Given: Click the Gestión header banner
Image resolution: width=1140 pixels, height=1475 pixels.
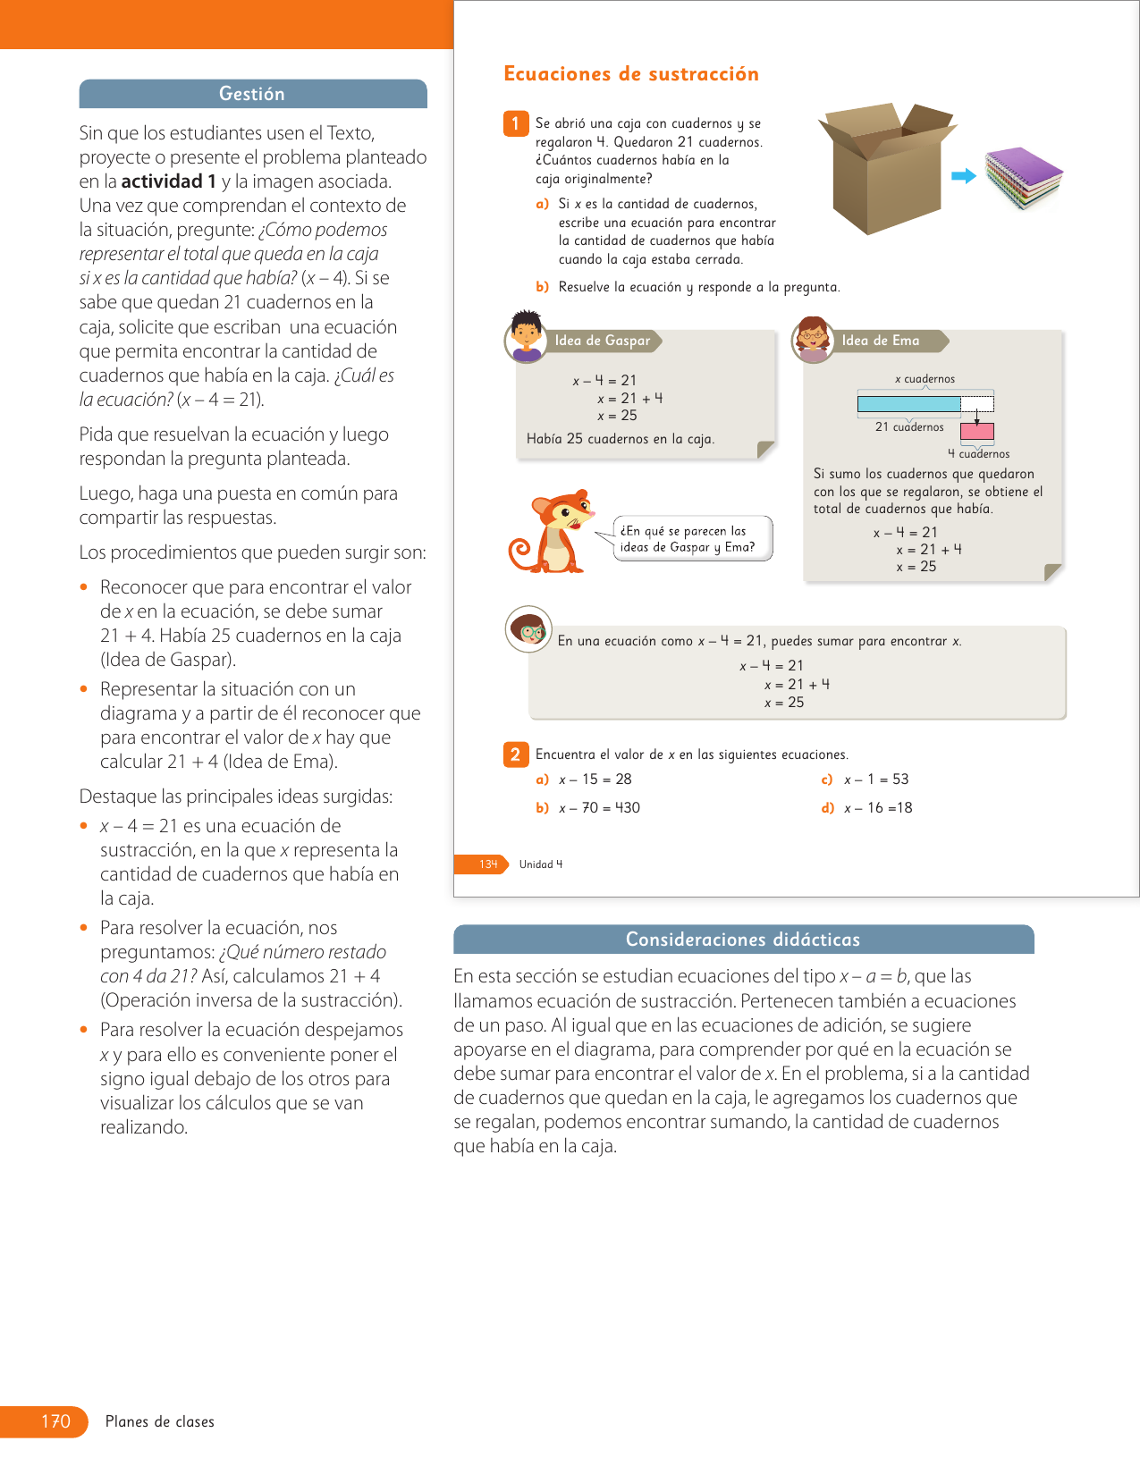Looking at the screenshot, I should point(253,94).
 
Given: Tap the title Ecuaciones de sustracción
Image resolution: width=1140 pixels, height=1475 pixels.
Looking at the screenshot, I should point(631,74).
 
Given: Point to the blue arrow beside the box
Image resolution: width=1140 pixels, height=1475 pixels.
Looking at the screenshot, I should point(963,176).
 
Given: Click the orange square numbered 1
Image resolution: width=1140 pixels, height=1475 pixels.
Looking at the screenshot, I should point(515,123).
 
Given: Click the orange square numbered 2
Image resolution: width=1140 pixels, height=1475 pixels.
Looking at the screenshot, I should point(515,754).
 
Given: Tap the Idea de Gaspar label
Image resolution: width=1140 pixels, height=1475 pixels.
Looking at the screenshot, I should point(603,341).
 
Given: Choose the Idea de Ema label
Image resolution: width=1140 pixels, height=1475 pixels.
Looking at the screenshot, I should point(881,341).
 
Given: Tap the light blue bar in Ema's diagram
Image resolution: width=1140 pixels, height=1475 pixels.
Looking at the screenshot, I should point(908,404).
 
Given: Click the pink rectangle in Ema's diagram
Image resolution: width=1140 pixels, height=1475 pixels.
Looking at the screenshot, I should point(977,432).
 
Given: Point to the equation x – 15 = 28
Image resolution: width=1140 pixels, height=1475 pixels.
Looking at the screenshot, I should point(595,780).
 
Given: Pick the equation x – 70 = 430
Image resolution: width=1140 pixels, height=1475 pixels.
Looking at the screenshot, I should point(599,808).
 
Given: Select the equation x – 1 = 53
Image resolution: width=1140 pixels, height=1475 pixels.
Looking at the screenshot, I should point(876,780).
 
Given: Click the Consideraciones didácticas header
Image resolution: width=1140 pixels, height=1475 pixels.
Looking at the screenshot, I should point(743,940).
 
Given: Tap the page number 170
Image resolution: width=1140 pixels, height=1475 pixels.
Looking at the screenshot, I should point(55,1421).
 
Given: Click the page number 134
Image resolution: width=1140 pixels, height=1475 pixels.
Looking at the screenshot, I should point(488,864).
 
